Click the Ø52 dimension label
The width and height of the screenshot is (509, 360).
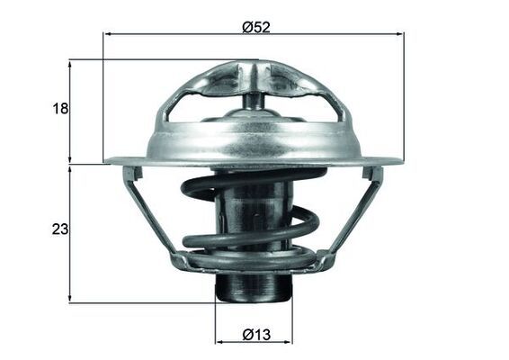coord(256,26)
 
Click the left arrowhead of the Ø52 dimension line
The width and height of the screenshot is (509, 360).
coord(109,34)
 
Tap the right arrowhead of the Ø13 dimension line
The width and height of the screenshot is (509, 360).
coord(288,342)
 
